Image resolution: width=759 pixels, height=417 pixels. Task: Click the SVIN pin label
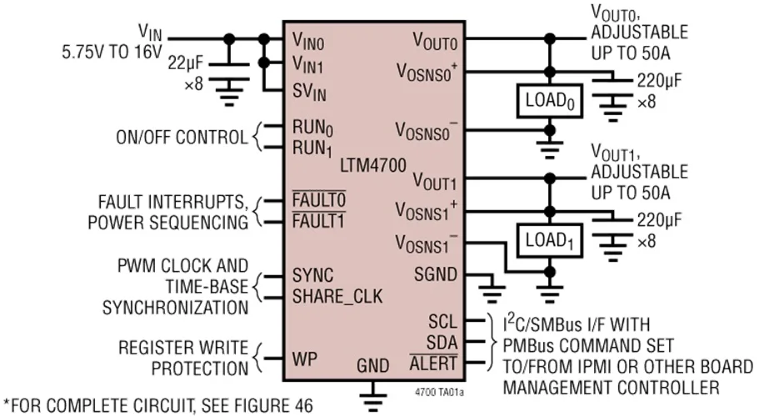(x=309, y=91)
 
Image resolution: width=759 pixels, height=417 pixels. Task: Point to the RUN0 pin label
(x=312, y=129)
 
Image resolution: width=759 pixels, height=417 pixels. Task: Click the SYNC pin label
(x=312, y=276)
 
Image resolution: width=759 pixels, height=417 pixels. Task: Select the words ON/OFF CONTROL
(x=182, y=138)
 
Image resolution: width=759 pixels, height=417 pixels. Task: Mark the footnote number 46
(x=301, y=406)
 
